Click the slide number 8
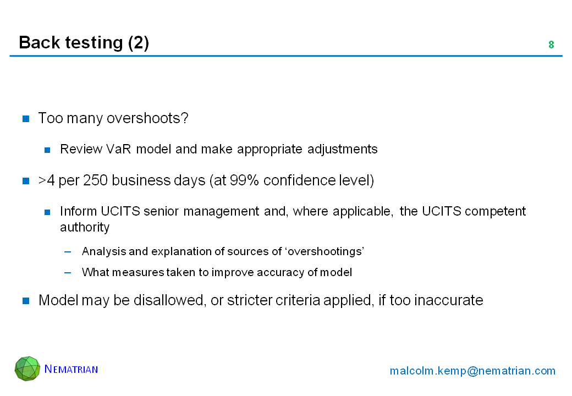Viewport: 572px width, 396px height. pos(551,45)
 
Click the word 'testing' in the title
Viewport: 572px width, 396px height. pos(94,43)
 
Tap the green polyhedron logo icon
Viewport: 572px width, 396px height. pos(28,369)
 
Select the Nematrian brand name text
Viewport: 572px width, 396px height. pos(71,369)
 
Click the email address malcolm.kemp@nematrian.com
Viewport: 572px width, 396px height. pos(472,371)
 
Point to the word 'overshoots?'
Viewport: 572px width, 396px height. pos(147,118)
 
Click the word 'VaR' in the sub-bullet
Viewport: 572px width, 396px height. pos(118,149)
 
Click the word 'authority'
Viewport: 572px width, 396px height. pos(85,227)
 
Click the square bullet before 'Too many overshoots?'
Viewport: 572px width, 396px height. pos(26,118)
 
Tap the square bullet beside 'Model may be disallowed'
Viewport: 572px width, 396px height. pos(26,300)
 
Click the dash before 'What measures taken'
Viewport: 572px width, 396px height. pos(68,272)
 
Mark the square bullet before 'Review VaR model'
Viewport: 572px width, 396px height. pos(47,150)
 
